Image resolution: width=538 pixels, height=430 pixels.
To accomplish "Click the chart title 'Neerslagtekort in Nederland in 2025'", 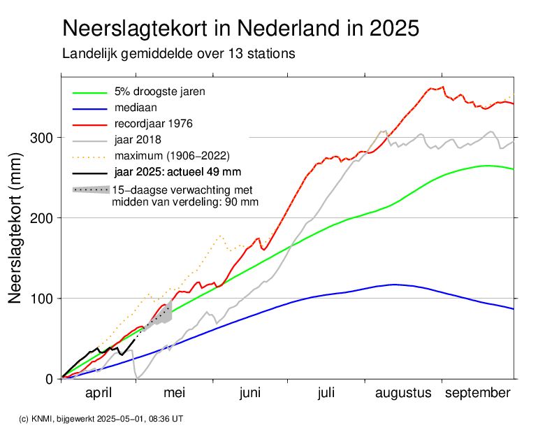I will point(240,29).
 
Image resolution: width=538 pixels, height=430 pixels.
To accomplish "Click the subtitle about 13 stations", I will point(178,53).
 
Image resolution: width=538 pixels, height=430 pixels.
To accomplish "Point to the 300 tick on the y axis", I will point(41,138).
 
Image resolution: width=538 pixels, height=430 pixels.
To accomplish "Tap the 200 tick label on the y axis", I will point(41,218).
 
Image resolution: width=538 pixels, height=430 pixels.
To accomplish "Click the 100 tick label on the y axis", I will point(41,299).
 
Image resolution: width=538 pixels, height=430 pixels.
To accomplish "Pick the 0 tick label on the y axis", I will point(50,379).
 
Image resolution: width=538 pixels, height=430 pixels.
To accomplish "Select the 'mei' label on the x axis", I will point(174,394).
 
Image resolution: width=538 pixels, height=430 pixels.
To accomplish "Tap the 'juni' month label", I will point(250,394).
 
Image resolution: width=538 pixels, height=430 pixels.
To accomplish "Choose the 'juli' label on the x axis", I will point(326,394).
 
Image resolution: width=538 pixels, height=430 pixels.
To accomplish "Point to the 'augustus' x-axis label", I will point(404,394).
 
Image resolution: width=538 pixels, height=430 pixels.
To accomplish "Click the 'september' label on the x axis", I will point(479,394).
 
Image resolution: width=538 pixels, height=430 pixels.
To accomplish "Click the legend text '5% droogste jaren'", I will point(159,92).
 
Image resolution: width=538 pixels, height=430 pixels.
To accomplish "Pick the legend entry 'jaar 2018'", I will point(138,139).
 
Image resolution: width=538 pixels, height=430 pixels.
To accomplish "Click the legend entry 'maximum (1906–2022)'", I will point(171,155).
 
